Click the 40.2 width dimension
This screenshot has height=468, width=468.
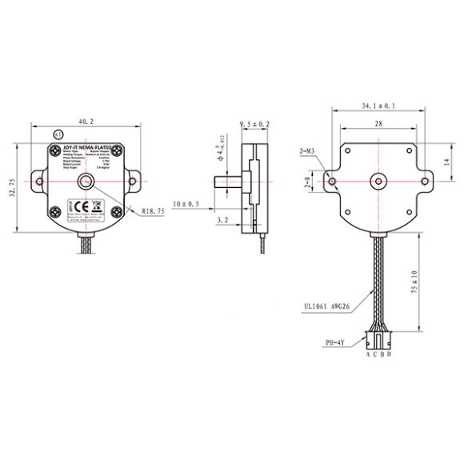point(86,121)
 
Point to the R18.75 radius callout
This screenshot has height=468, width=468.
point(153,212)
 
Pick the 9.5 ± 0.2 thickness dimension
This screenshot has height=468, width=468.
point(254,124)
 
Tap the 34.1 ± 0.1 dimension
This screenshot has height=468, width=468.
point(379,106)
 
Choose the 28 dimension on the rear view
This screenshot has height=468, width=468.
point(378,124)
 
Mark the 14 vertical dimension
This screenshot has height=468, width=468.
point(446,163)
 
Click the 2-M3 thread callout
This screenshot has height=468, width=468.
point(308,150)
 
